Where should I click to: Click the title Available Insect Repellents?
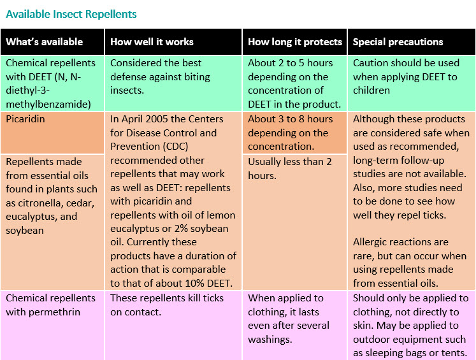[71, 14]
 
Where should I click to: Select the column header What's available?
[45, 42]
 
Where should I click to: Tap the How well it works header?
[152, 42]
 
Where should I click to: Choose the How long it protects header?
[295, 42]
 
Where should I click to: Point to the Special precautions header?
[398, 42]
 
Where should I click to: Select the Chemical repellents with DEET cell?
[51, 83]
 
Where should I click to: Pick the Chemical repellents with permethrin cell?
[51, 305]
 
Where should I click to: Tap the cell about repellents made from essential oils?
[51, 196]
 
